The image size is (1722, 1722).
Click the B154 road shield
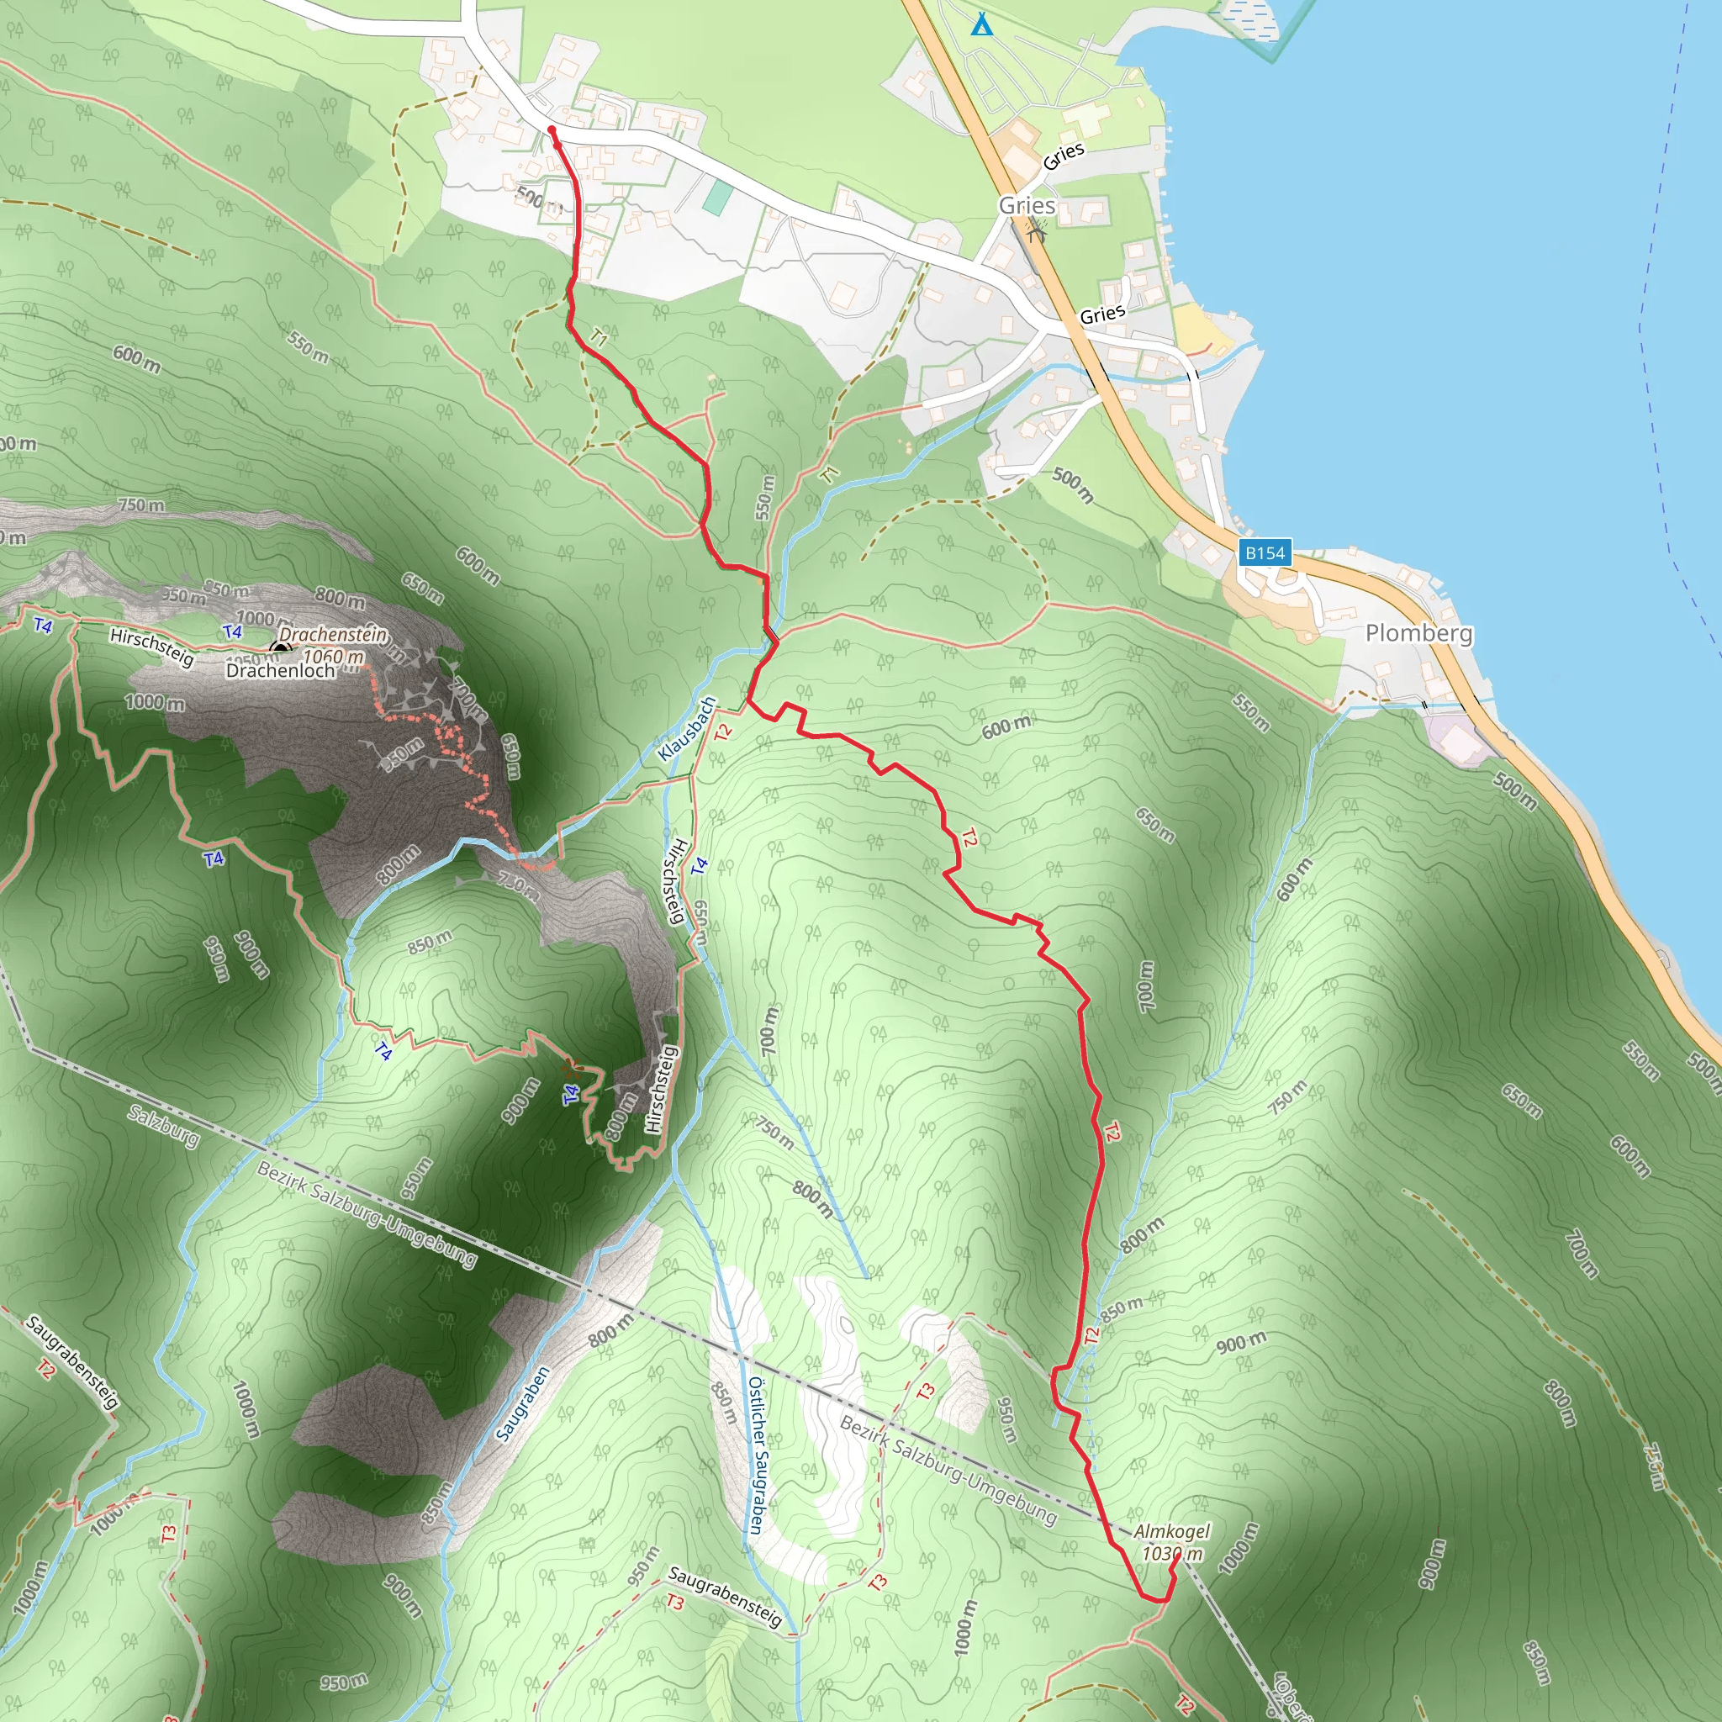coord(1265,552)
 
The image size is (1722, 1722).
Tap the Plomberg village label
coord(1419,633)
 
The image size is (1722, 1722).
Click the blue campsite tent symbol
coord(981,24)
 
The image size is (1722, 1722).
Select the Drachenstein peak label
coord(333,635)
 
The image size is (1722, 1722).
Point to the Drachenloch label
coord(281,670)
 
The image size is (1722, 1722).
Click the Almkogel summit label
coord(1172,1530)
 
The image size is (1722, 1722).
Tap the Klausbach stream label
coord(686,729)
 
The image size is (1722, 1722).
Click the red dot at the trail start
coord(552,131)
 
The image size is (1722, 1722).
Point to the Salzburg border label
coord(164,1126)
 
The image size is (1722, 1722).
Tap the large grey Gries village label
coord(1027,205)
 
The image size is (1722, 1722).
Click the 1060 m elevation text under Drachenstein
coord(333,657)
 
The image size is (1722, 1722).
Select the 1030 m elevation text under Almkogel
coord(1172,1554)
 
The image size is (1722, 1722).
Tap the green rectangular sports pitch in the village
coord(716,197)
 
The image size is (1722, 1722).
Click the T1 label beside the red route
coord(599,337)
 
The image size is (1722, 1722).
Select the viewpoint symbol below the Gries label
coord(1036,233)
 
